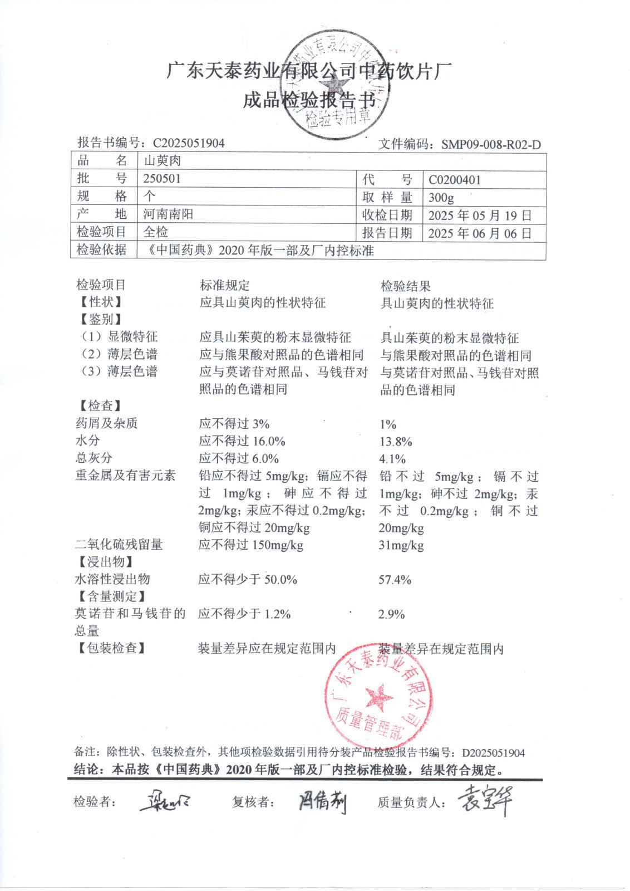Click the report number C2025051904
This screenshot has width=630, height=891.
coord(189,143)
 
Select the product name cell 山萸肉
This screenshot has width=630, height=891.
coord(163,161)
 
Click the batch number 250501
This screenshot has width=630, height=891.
coord(162,179)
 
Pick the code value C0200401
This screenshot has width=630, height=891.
coord(455,180)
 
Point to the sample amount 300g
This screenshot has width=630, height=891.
coord(441,197)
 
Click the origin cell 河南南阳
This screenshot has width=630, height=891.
coord(168,214)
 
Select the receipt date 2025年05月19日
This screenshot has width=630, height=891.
coord(480,216)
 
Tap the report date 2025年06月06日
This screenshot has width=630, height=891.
coord(480,233)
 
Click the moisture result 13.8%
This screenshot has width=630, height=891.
coord(395,442)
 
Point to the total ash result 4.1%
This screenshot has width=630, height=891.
coord(392,459)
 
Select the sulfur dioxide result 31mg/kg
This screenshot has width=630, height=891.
coord(401,545)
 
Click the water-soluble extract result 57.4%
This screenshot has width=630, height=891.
coord(395,580)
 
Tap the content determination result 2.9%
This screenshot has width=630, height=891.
coord(391,614)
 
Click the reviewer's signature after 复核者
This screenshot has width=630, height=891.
coord(322,802)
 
